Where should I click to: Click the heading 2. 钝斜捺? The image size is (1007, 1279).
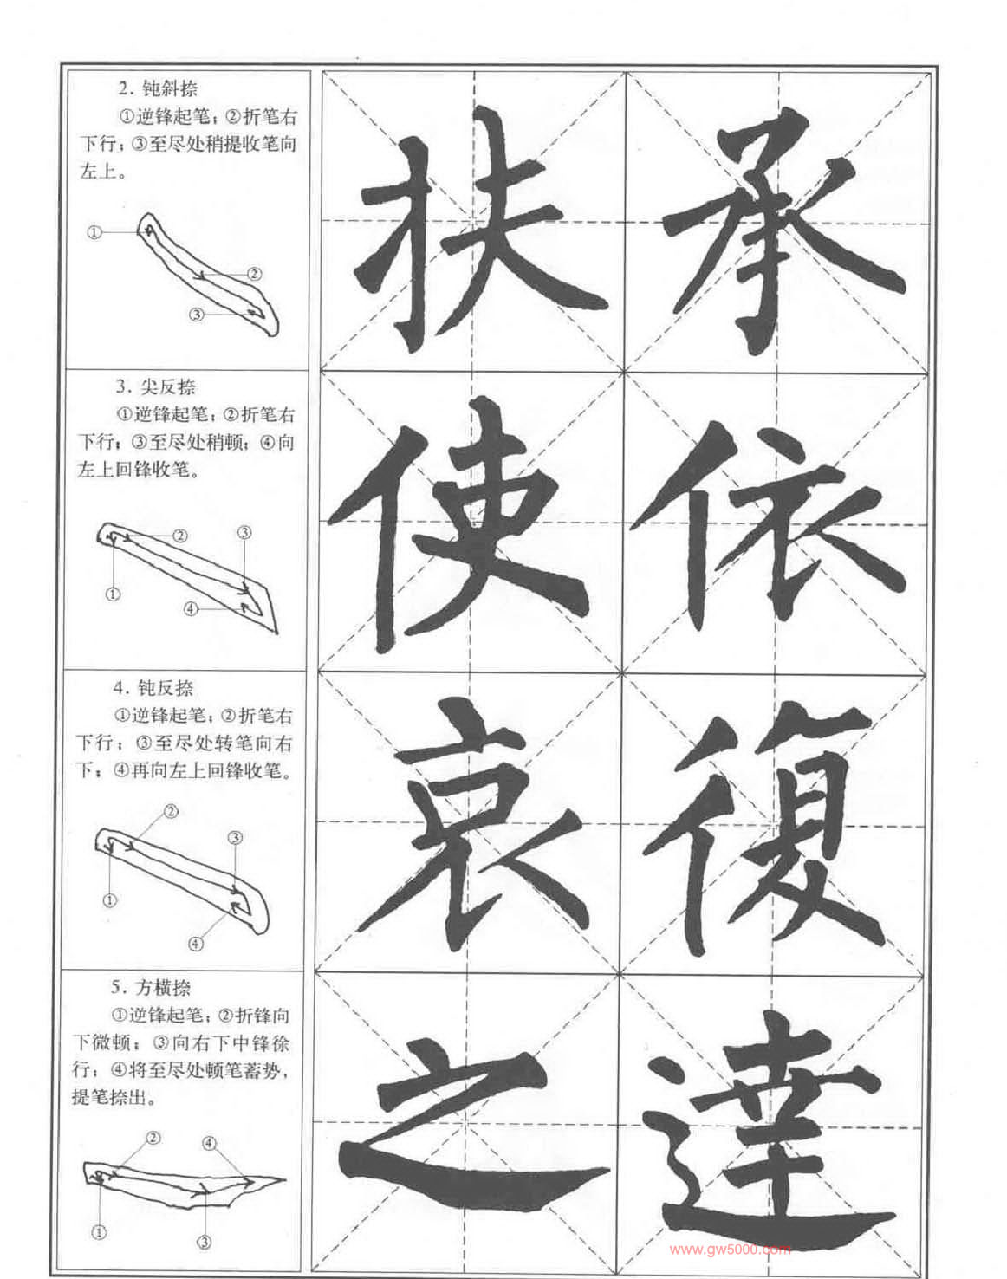(158, 89)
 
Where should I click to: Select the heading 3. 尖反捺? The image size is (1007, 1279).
(156, 387)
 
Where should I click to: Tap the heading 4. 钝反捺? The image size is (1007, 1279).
(153, 688)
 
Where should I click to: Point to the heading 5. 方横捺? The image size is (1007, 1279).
(151, 987)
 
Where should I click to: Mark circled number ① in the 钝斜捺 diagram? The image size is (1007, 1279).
(94, 231)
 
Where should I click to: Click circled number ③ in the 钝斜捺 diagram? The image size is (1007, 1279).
(196, 315)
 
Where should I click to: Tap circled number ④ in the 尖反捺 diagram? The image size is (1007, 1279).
(191, 608)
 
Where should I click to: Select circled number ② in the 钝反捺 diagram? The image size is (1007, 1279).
(171, 811)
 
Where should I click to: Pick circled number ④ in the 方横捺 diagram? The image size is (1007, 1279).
(209, 1143)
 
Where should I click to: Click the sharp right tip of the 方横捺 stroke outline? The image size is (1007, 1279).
(286, 1178)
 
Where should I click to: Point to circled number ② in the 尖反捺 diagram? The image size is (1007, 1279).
(180, 536)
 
